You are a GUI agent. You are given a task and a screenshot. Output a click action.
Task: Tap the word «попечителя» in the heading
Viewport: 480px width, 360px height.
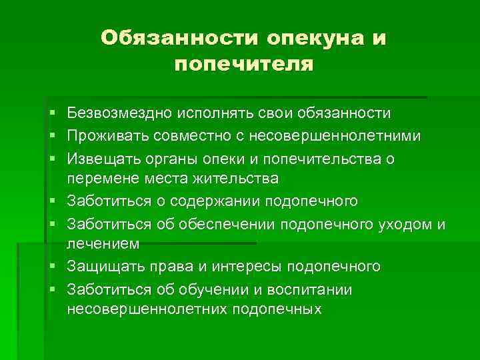(x=243, y=64)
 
